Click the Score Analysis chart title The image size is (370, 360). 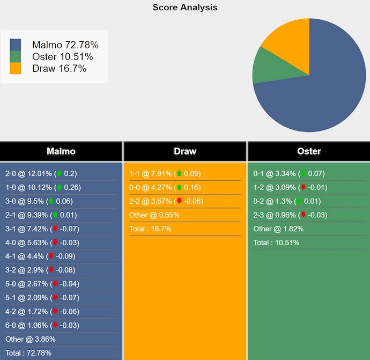point(185,8)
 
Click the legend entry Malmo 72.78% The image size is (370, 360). point(65,45)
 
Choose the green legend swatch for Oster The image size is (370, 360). point(16,57)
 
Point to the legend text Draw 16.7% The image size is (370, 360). point(59,68)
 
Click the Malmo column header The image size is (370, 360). point(61,151)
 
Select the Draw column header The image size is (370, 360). point(185,151)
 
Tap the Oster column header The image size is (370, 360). point(309,151)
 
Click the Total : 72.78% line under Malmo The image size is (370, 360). point(29,352)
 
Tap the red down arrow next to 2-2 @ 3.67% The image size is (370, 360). point(179,202)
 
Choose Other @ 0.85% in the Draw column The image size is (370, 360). point(154,215)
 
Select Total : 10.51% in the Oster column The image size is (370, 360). point(276,243)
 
